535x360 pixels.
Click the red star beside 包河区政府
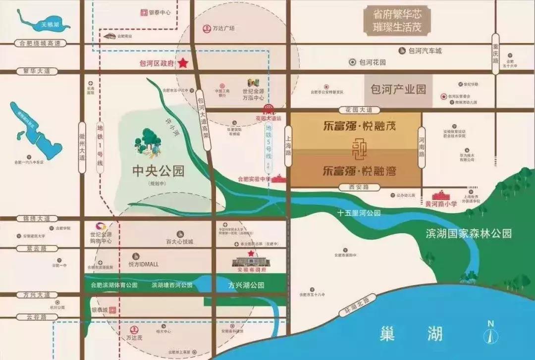[183, 63]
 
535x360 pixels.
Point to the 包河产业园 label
[398, 90]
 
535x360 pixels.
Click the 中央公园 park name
[159, 171]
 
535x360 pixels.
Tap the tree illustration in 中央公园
[148, 142]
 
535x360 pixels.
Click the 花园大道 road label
[356, 109]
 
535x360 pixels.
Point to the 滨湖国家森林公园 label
[468, 234]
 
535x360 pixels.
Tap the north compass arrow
[490, 339]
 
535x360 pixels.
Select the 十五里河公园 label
[359, 213]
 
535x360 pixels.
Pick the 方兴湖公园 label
[246, 285]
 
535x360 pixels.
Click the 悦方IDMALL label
[143, 264]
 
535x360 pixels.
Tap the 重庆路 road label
[495, 53]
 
